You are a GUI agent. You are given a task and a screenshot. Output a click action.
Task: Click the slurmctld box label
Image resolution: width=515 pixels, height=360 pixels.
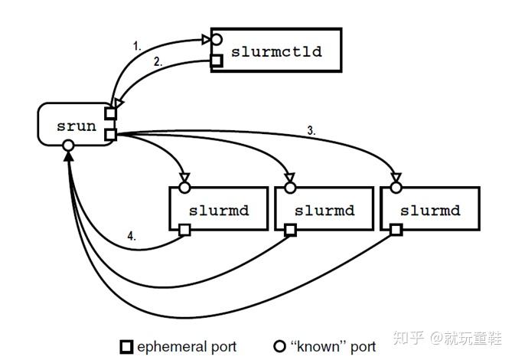(275, 52)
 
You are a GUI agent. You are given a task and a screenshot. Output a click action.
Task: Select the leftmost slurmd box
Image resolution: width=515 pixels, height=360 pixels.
(218, 209)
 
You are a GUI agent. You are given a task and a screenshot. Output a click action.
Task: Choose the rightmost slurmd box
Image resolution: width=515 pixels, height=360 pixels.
(430, 209)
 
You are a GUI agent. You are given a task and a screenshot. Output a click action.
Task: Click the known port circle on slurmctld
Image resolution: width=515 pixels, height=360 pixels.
(217, 38)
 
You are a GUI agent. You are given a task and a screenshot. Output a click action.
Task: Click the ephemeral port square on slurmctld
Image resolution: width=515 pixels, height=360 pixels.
(217, 61)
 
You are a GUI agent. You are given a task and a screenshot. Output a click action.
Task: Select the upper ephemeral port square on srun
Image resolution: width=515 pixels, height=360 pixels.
(111, 114)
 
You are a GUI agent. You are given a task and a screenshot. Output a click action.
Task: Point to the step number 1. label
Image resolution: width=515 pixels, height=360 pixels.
(138, 46)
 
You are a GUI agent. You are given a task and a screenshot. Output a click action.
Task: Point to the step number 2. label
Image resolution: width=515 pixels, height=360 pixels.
(158, 63)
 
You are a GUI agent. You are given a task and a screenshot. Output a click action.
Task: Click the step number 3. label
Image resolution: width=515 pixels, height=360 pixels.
(312, 130)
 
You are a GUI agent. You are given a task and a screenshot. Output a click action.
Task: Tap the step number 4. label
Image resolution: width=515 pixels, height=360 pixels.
(132, 237)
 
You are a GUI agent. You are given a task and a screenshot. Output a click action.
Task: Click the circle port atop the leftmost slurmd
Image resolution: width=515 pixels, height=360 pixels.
(184, 186)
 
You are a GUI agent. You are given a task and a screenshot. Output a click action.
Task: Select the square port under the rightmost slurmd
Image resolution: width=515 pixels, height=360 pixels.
(396, 229)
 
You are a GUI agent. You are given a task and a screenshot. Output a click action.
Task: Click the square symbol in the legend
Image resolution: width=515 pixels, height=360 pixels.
(127, 347)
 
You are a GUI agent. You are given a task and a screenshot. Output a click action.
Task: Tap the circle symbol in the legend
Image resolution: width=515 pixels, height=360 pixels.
(279, 347)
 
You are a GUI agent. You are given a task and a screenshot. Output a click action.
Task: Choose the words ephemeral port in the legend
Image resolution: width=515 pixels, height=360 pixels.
(187, 347)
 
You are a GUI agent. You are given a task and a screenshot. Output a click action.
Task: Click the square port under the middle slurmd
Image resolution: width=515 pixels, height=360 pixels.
(290, 229)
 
